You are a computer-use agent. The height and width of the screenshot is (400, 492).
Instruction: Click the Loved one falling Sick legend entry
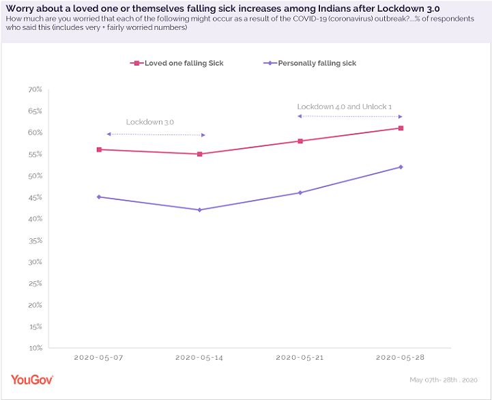pos(179,63)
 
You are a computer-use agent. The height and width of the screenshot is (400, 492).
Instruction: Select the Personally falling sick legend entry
pos(310,63)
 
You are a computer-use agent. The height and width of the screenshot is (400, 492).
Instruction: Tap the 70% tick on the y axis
pos(35,89)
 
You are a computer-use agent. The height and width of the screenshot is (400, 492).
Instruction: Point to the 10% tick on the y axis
pos(35,347)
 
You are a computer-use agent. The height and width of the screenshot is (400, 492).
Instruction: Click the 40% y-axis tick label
pos(35,218)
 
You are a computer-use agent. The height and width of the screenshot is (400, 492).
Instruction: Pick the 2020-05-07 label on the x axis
pos(99,357)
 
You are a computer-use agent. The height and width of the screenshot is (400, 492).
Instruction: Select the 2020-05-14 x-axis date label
pos(199,357)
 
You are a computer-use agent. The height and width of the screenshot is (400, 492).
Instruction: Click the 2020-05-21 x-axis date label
pos(300,357)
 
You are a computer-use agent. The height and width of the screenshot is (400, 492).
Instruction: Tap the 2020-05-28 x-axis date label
pos(401,357)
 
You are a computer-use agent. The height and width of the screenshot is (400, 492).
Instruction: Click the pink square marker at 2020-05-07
pos(99,149)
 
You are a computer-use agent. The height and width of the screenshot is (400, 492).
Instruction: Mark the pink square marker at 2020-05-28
pos(401,128)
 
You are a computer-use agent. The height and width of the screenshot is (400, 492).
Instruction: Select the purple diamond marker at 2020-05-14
pos(200,210)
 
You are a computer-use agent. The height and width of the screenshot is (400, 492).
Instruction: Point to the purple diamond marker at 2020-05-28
pos(401,167)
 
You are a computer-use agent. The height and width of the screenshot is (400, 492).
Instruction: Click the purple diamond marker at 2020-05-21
pos(300,192)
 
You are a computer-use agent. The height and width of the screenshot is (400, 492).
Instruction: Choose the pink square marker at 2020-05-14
pos(200,154)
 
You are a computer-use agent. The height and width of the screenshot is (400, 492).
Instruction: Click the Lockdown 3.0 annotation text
pos(150,122)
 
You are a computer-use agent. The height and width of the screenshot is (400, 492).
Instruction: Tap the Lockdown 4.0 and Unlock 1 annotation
pos(345,107)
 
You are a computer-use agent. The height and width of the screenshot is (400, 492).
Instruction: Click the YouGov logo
pos(32,380)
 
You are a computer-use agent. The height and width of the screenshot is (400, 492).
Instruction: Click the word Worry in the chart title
pos(20,8)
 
